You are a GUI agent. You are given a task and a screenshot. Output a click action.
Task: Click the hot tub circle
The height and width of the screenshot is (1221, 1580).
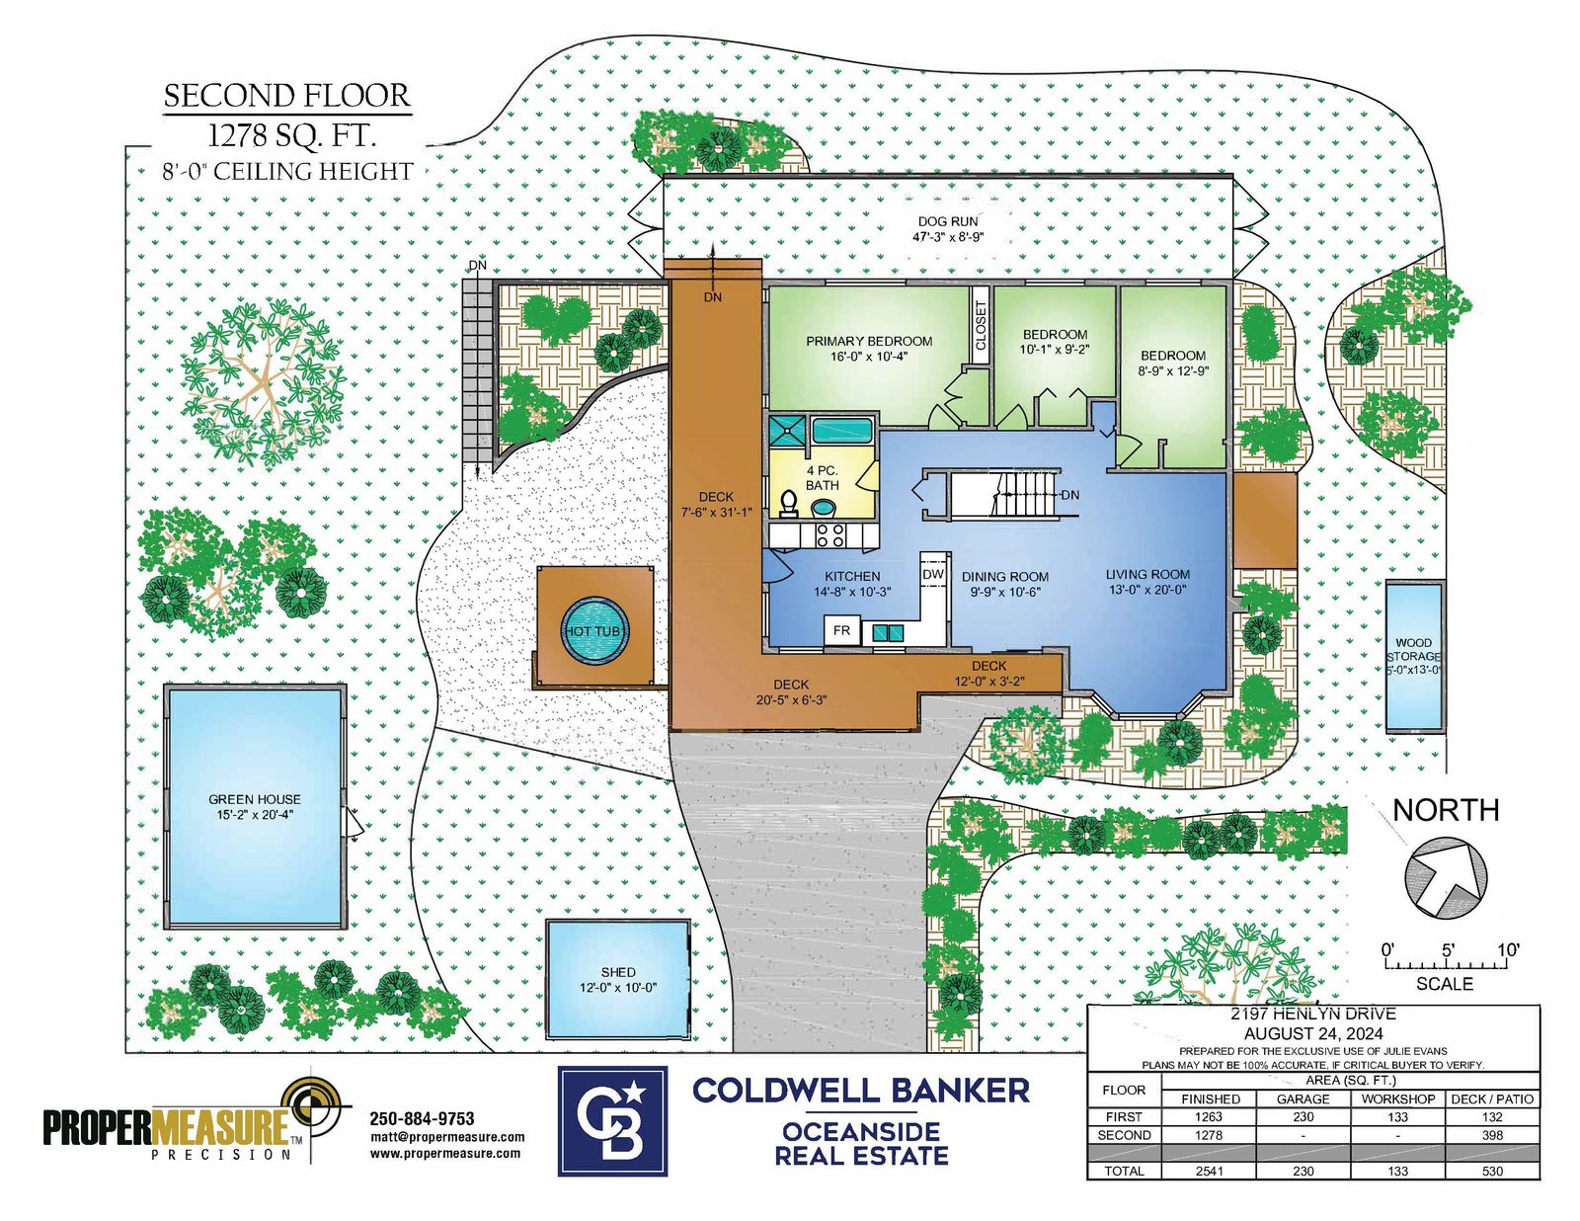(x=594, y=630)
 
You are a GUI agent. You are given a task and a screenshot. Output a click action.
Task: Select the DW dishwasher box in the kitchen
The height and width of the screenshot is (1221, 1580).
(x=933, y=574)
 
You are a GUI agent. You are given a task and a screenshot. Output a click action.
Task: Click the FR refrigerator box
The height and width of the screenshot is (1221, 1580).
(x=842, y=630)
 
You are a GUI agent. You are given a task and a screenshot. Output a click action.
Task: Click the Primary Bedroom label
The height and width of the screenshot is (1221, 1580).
(x=869, y=341)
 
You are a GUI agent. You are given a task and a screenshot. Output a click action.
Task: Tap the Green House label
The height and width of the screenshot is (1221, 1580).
(x=254, y=799)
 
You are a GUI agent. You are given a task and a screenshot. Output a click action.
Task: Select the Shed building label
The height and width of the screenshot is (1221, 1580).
(x=618, y=971)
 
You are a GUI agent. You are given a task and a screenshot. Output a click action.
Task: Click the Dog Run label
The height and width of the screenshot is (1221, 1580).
(x=947, y=221)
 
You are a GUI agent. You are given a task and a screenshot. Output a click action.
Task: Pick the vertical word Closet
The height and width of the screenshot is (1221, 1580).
(x=981, y=326)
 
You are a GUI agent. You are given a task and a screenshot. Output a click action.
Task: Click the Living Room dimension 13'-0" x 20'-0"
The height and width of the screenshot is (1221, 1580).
(x=1147, y=589)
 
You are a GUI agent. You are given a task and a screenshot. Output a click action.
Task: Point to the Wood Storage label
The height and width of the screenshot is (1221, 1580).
(x=1413, y=649)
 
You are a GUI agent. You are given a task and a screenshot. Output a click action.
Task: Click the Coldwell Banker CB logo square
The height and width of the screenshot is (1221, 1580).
(x=612, y=1120)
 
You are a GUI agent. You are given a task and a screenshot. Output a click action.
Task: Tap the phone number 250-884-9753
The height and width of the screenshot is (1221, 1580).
(x=422, y=1118)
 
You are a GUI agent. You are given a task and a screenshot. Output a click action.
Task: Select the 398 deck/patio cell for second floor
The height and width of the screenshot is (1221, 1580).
(x=1492, y=1134)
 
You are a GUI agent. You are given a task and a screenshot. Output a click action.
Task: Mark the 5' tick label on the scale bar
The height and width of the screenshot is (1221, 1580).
(x=1447, y=950)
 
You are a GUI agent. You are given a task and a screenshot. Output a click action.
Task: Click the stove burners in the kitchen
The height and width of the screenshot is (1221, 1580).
(x=829, y=535)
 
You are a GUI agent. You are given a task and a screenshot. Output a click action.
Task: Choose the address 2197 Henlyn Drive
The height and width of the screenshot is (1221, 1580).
(x=1312, y=1013)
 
